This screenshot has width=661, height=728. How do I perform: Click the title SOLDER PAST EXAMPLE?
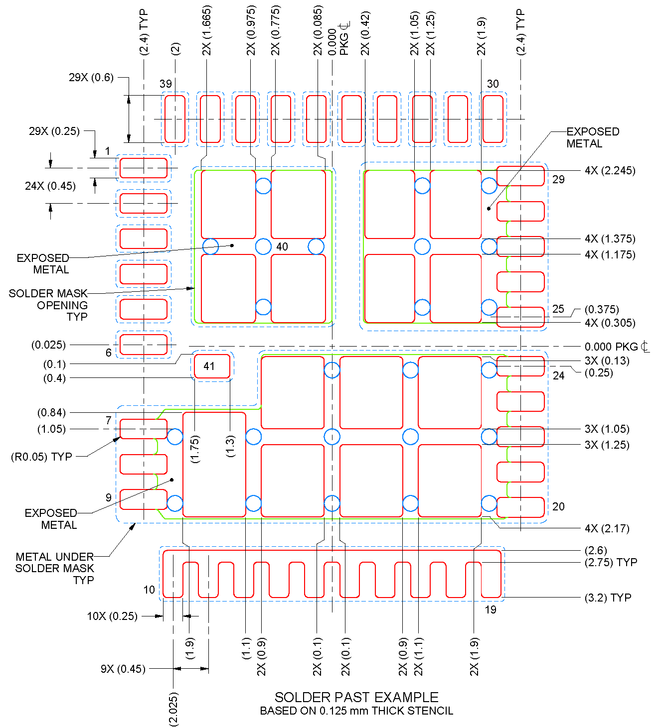coord(356,697)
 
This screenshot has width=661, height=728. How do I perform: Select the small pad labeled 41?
coord(212,366)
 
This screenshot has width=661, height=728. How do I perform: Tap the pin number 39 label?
coord(165,84)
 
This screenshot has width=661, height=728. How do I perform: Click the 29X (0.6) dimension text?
coord(91,78)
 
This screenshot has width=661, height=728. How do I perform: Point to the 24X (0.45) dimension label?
coord(50,186)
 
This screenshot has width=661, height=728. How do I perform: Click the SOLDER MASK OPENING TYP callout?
coord(48,305)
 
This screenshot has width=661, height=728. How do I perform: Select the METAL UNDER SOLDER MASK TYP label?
coord(55,568)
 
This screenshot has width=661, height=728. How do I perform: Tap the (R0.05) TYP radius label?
coord(41,457)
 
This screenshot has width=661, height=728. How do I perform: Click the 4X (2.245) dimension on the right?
coord(610,171)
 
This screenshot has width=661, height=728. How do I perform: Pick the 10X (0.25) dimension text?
coord(112,616)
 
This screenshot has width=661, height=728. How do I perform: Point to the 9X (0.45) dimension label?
coord(123,669)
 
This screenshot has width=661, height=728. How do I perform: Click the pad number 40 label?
coord(282,246)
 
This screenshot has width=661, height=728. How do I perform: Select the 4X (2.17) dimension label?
coord(607,529)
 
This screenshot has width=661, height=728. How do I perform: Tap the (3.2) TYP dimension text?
coord(608,598)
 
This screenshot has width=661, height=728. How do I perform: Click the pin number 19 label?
coord(491,609)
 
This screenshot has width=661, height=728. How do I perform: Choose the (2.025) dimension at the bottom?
coord(173,709)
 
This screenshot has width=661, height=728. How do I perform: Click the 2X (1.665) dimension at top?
coord(207,30)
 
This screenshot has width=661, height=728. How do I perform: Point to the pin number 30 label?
coord(493,84)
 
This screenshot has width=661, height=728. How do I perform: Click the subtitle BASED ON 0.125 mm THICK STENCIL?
coord(356,711)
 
